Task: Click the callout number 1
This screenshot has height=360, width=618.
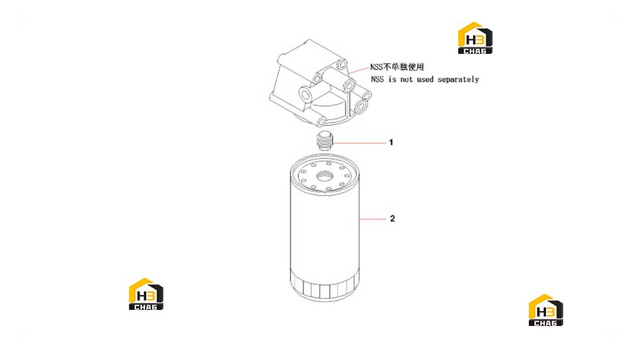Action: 391,142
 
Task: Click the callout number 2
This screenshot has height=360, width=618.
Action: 392,218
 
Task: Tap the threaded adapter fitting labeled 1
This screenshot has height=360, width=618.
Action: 325,141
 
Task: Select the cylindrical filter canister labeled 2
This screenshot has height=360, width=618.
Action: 325,228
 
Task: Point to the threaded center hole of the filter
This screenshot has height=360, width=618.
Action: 325,176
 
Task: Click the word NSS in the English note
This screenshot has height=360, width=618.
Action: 377,80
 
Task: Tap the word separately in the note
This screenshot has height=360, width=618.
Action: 458,80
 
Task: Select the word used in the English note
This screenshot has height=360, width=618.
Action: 425,80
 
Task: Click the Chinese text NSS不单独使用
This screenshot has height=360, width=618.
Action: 397,67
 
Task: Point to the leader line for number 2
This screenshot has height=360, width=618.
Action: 373,218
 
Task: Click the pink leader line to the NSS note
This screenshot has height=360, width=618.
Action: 359,70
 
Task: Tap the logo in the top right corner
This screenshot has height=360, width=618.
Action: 475,38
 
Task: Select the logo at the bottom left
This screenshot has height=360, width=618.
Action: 146,294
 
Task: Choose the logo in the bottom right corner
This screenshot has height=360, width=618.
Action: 545,310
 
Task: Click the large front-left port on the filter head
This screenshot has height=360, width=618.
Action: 306,94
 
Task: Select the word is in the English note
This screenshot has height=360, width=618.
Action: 391,80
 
